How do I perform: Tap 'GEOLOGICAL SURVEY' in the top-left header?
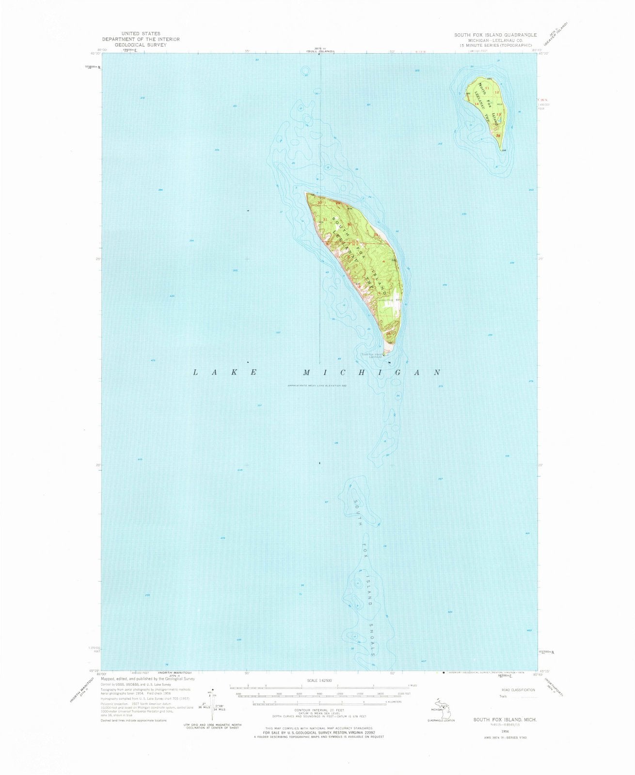point(140,45)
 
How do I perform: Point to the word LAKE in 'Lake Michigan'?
point(225,372)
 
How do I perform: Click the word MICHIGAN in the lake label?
point(372,372)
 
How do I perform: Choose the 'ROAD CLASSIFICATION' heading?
point(518,690)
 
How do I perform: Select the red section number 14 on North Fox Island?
point(477,104)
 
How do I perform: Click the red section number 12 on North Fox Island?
point(496,92)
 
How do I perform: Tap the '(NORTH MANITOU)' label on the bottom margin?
point(175,673)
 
